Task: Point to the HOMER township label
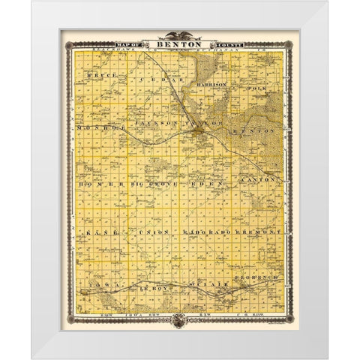tap(96, 183)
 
